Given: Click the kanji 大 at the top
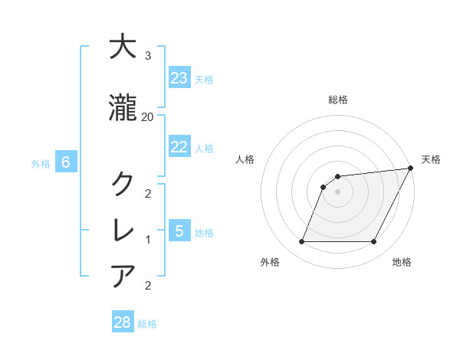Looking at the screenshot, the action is [x=123, y=47].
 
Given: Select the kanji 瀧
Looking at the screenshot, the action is [x=123, y=109].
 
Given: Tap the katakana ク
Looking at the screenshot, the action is [x=123, y=183].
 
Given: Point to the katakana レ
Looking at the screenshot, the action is [x=123, y=230].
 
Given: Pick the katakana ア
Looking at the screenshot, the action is [x=123, y=275].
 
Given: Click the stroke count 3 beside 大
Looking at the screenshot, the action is [x=148, y=56].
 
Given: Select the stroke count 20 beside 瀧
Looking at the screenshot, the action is [x=148, y=116].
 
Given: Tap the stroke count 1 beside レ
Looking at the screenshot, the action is [x=148, y=239].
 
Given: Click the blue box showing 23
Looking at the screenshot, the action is [x=179, y=78].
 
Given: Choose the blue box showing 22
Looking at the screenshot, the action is [x=179, y=147].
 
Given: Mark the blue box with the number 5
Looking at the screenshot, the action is [x=179, y=231].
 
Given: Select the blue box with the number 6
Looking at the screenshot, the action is [x=66, y=162].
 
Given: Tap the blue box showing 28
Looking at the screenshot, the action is [x=122, y=322].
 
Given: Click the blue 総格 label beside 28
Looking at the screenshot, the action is [x=147, y=324].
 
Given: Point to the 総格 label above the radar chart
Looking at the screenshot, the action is [x=337, y=100].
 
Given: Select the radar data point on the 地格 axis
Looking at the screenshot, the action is [x=374, y=242].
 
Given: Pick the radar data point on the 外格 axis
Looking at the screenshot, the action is [x=301, y=242].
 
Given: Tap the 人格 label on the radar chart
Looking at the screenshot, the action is [x=245, y=159].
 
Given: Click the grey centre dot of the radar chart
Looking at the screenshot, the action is [x=337, y=191].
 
